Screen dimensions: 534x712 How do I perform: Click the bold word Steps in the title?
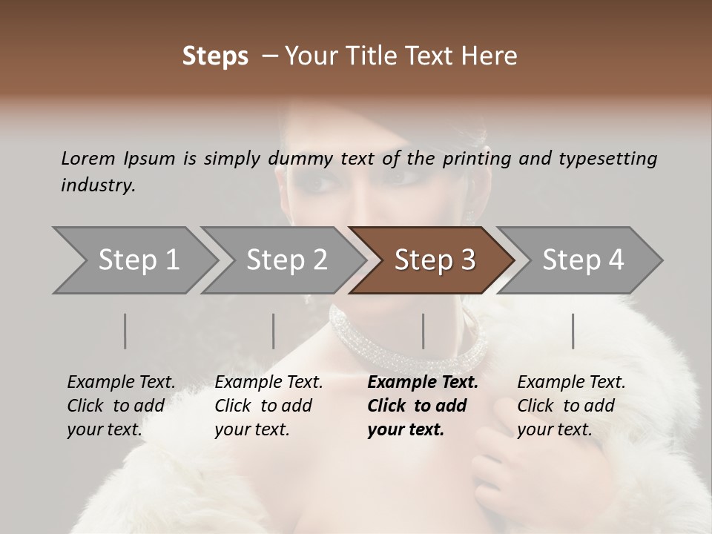click(215, 56)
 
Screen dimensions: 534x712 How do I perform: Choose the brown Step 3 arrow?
click(435, 260)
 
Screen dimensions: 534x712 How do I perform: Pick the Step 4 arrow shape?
click(583, 260)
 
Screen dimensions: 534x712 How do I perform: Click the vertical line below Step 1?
click(125, 331)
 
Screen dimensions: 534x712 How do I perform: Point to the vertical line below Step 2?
click(274, 331)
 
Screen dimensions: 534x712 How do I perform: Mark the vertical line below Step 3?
click(423, 331)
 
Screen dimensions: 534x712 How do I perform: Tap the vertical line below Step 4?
click(573, 331)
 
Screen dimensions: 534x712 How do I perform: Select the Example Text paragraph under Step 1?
click(121, 406)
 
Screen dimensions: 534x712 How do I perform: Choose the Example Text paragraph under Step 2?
click(268, 406)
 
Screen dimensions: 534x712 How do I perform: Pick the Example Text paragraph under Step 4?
click(571, 406)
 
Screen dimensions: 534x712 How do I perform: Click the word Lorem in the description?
click(88, 158)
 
